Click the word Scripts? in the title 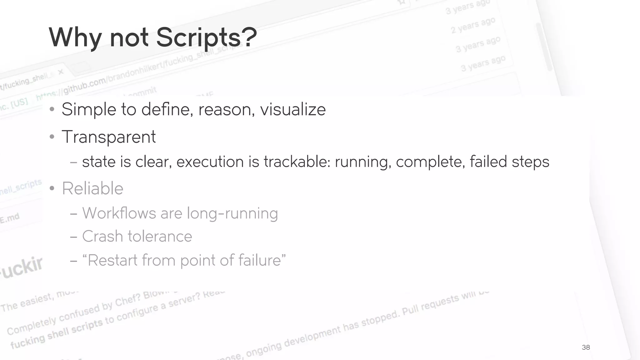pos(206,37)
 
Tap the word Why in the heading pos(75,37)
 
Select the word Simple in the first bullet pos(89,109)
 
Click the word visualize pos(293,109)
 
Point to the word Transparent pos(109,137)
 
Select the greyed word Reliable pos(92,188)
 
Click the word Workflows pos(119,213)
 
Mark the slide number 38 pos(586,347)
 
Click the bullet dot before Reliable pos(52,188)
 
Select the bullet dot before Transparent pos(52,137)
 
